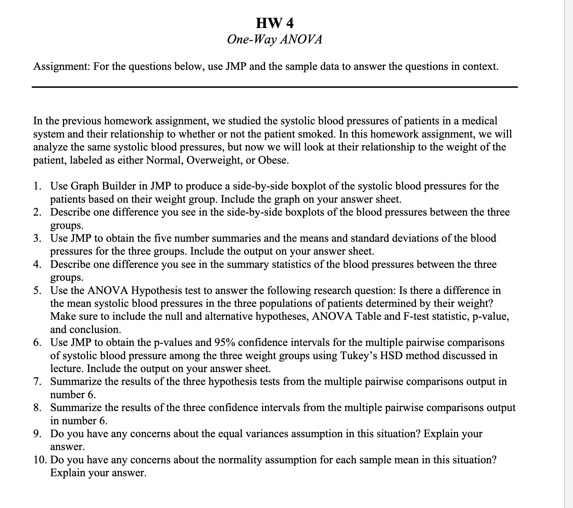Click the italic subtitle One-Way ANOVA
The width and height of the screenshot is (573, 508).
coord(275,40)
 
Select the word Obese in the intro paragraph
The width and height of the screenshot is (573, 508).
coord(273,161)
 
